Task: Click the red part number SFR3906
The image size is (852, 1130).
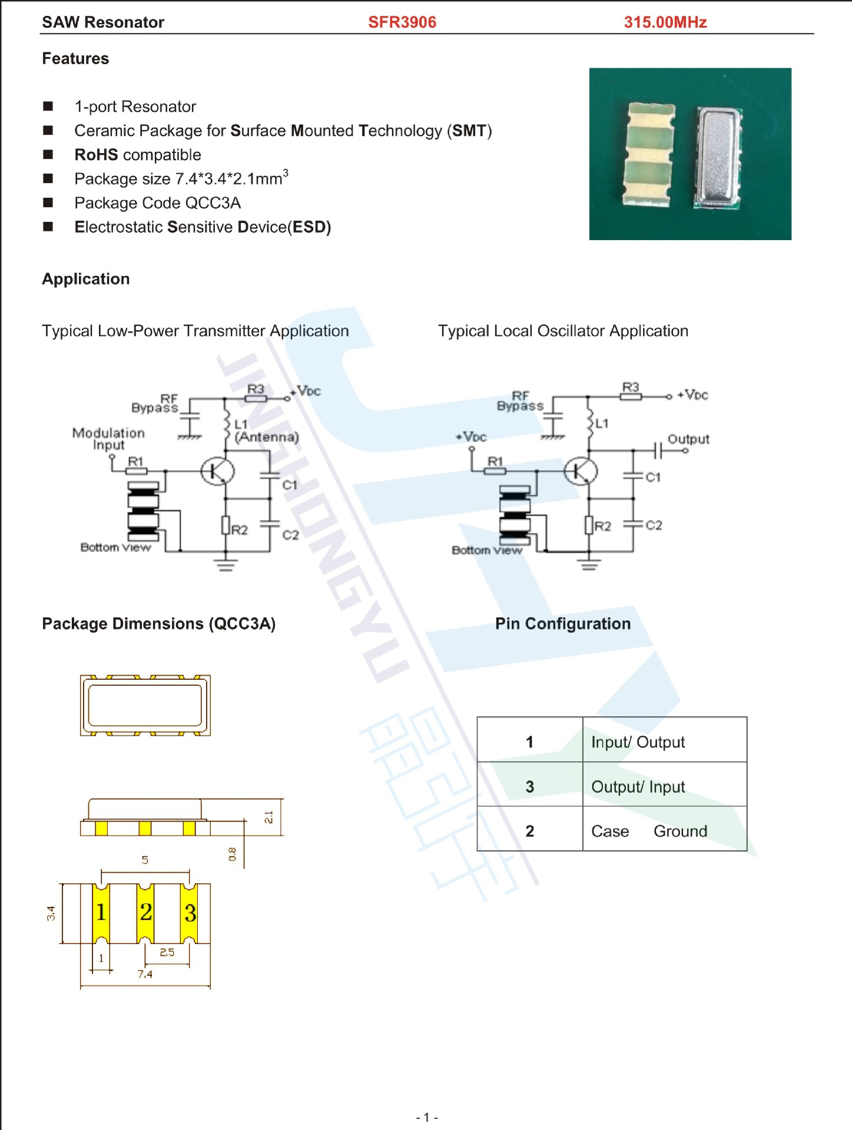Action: (x=402, y=22)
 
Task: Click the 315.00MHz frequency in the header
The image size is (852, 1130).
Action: (x=665, y=22)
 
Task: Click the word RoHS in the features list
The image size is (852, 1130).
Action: (x=96, y=155)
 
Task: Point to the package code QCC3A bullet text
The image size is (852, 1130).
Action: (x=157, y=203)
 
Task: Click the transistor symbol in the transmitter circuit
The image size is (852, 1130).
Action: (x=217, y=471)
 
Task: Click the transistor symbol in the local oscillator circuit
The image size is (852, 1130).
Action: (x=581, y=471)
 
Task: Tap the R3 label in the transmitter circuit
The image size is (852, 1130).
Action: (x=256, y=389)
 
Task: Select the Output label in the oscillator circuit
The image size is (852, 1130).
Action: (x=688, y=439)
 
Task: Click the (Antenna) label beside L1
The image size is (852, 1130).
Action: (x=267, y=437)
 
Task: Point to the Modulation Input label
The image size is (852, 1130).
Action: (x=108, y=439)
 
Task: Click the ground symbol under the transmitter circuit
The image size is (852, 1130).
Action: (x=226, y=565)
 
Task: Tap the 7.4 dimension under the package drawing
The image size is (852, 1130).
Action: (x=145, y=974)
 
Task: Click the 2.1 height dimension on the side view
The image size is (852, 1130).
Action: (x=268, y=817)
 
